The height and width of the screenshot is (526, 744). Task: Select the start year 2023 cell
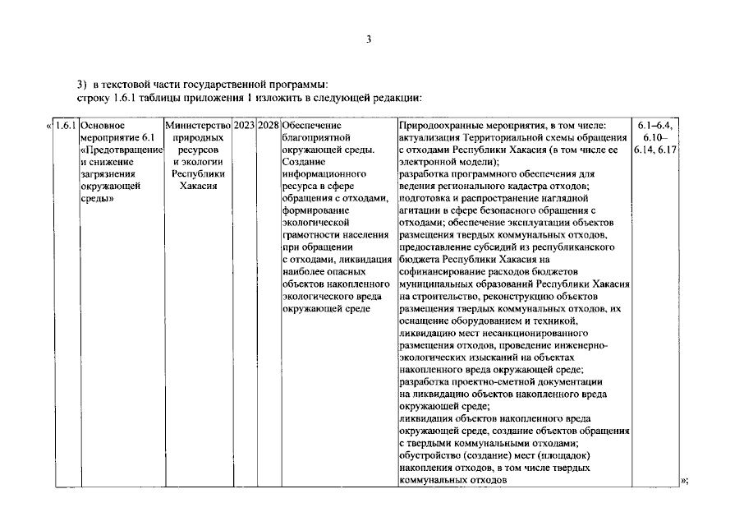[244, 126]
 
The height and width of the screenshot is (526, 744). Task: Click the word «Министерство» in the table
[197, 126]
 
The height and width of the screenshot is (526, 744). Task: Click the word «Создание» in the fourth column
[302, 163]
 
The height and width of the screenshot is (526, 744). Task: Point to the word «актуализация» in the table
[429, 138]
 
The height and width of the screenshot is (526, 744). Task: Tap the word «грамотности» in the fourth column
[311, 235]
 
